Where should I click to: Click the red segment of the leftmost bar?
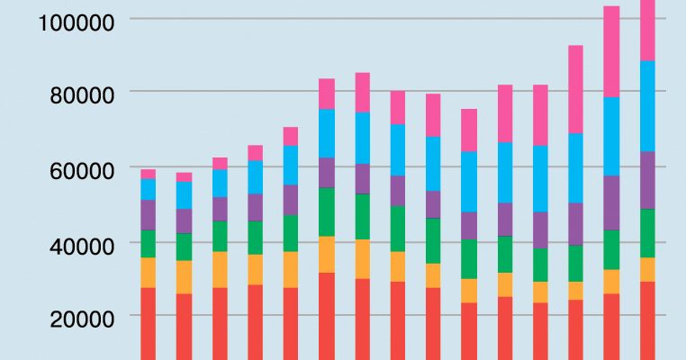pyautogui.click(x=148, y=323)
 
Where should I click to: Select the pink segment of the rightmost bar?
pyautogui.click(x=647, y=31)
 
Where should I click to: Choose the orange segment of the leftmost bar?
pyautogui.click(x=148, y=273)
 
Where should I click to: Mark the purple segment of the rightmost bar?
pyautogui.click(x=647, y=180)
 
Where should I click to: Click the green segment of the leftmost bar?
pyautogui.click(x=148, y=244)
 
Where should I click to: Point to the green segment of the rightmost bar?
pyautogui.click(x=647, y=233)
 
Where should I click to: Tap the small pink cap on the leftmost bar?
pyautogui.click(x=148, y=174)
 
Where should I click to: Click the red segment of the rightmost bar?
pyautogui.click(x=647, y=320)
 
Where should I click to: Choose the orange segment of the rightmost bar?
pyautogui.click(x=647, y=270)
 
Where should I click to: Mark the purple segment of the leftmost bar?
pyautogui.click(x=148, y=215)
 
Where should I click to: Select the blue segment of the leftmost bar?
pyautogui.click(x=148, y=189)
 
